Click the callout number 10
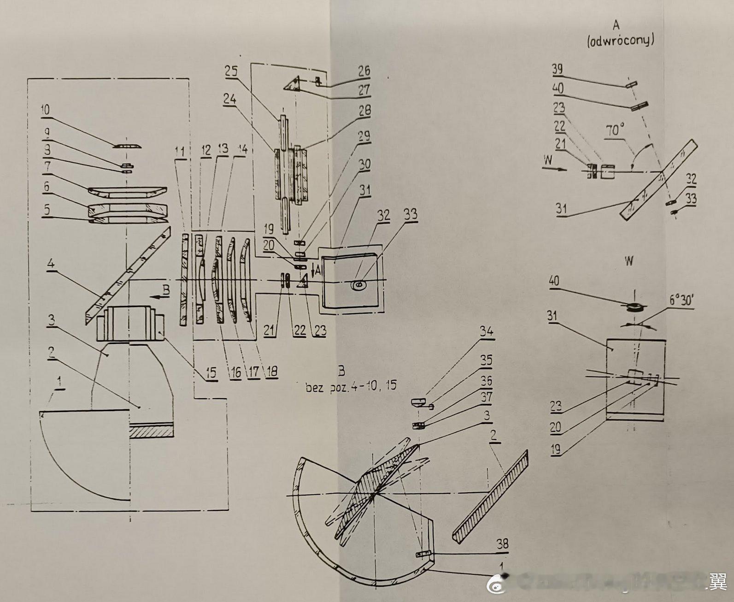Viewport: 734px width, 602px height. pyautogui.click(x=47, y=111)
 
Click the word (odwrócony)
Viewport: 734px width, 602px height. pyautogui.click(x=621, y=41)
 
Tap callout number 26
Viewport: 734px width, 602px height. pyautogui.click(x=364, y=71)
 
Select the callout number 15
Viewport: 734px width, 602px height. pyautogui.click(x=211, y=372)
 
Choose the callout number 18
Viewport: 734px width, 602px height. pyautogui.click(x=272, y=372)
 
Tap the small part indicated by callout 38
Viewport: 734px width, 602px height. pyautogui.click(x=423, y=554)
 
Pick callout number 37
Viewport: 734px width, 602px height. pyautogui.click(x=486, y=396)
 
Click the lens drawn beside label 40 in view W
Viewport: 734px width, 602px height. pyautogui.click(x=633, y=306)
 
